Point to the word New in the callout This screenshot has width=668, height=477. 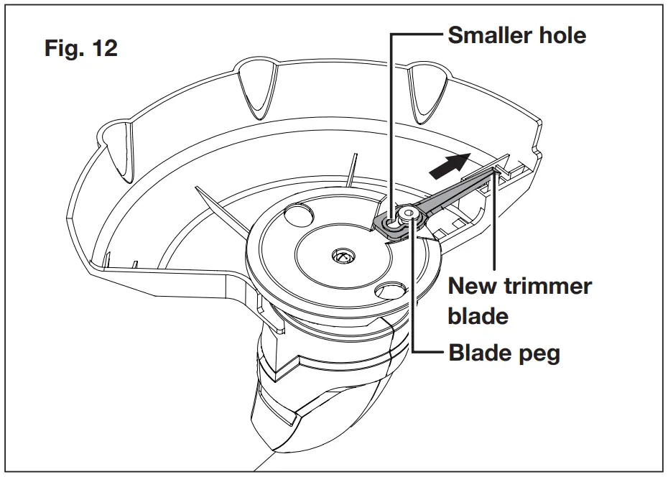(x=473, y=286)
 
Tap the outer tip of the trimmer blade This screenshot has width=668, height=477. (x=497, y=169)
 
